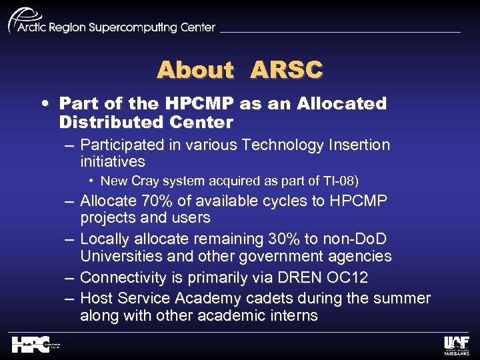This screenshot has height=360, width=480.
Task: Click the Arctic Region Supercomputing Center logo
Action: click(x=111, y=23)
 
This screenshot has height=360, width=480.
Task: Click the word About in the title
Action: click(x=195, y=70)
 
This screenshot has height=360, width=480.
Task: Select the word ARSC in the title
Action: click(x=286, y=70)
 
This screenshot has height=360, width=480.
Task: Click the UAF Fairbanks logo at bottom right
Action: click(x=457, y=344)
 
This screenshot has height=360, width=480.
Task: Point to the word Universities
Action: click(x=117, y=257)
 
